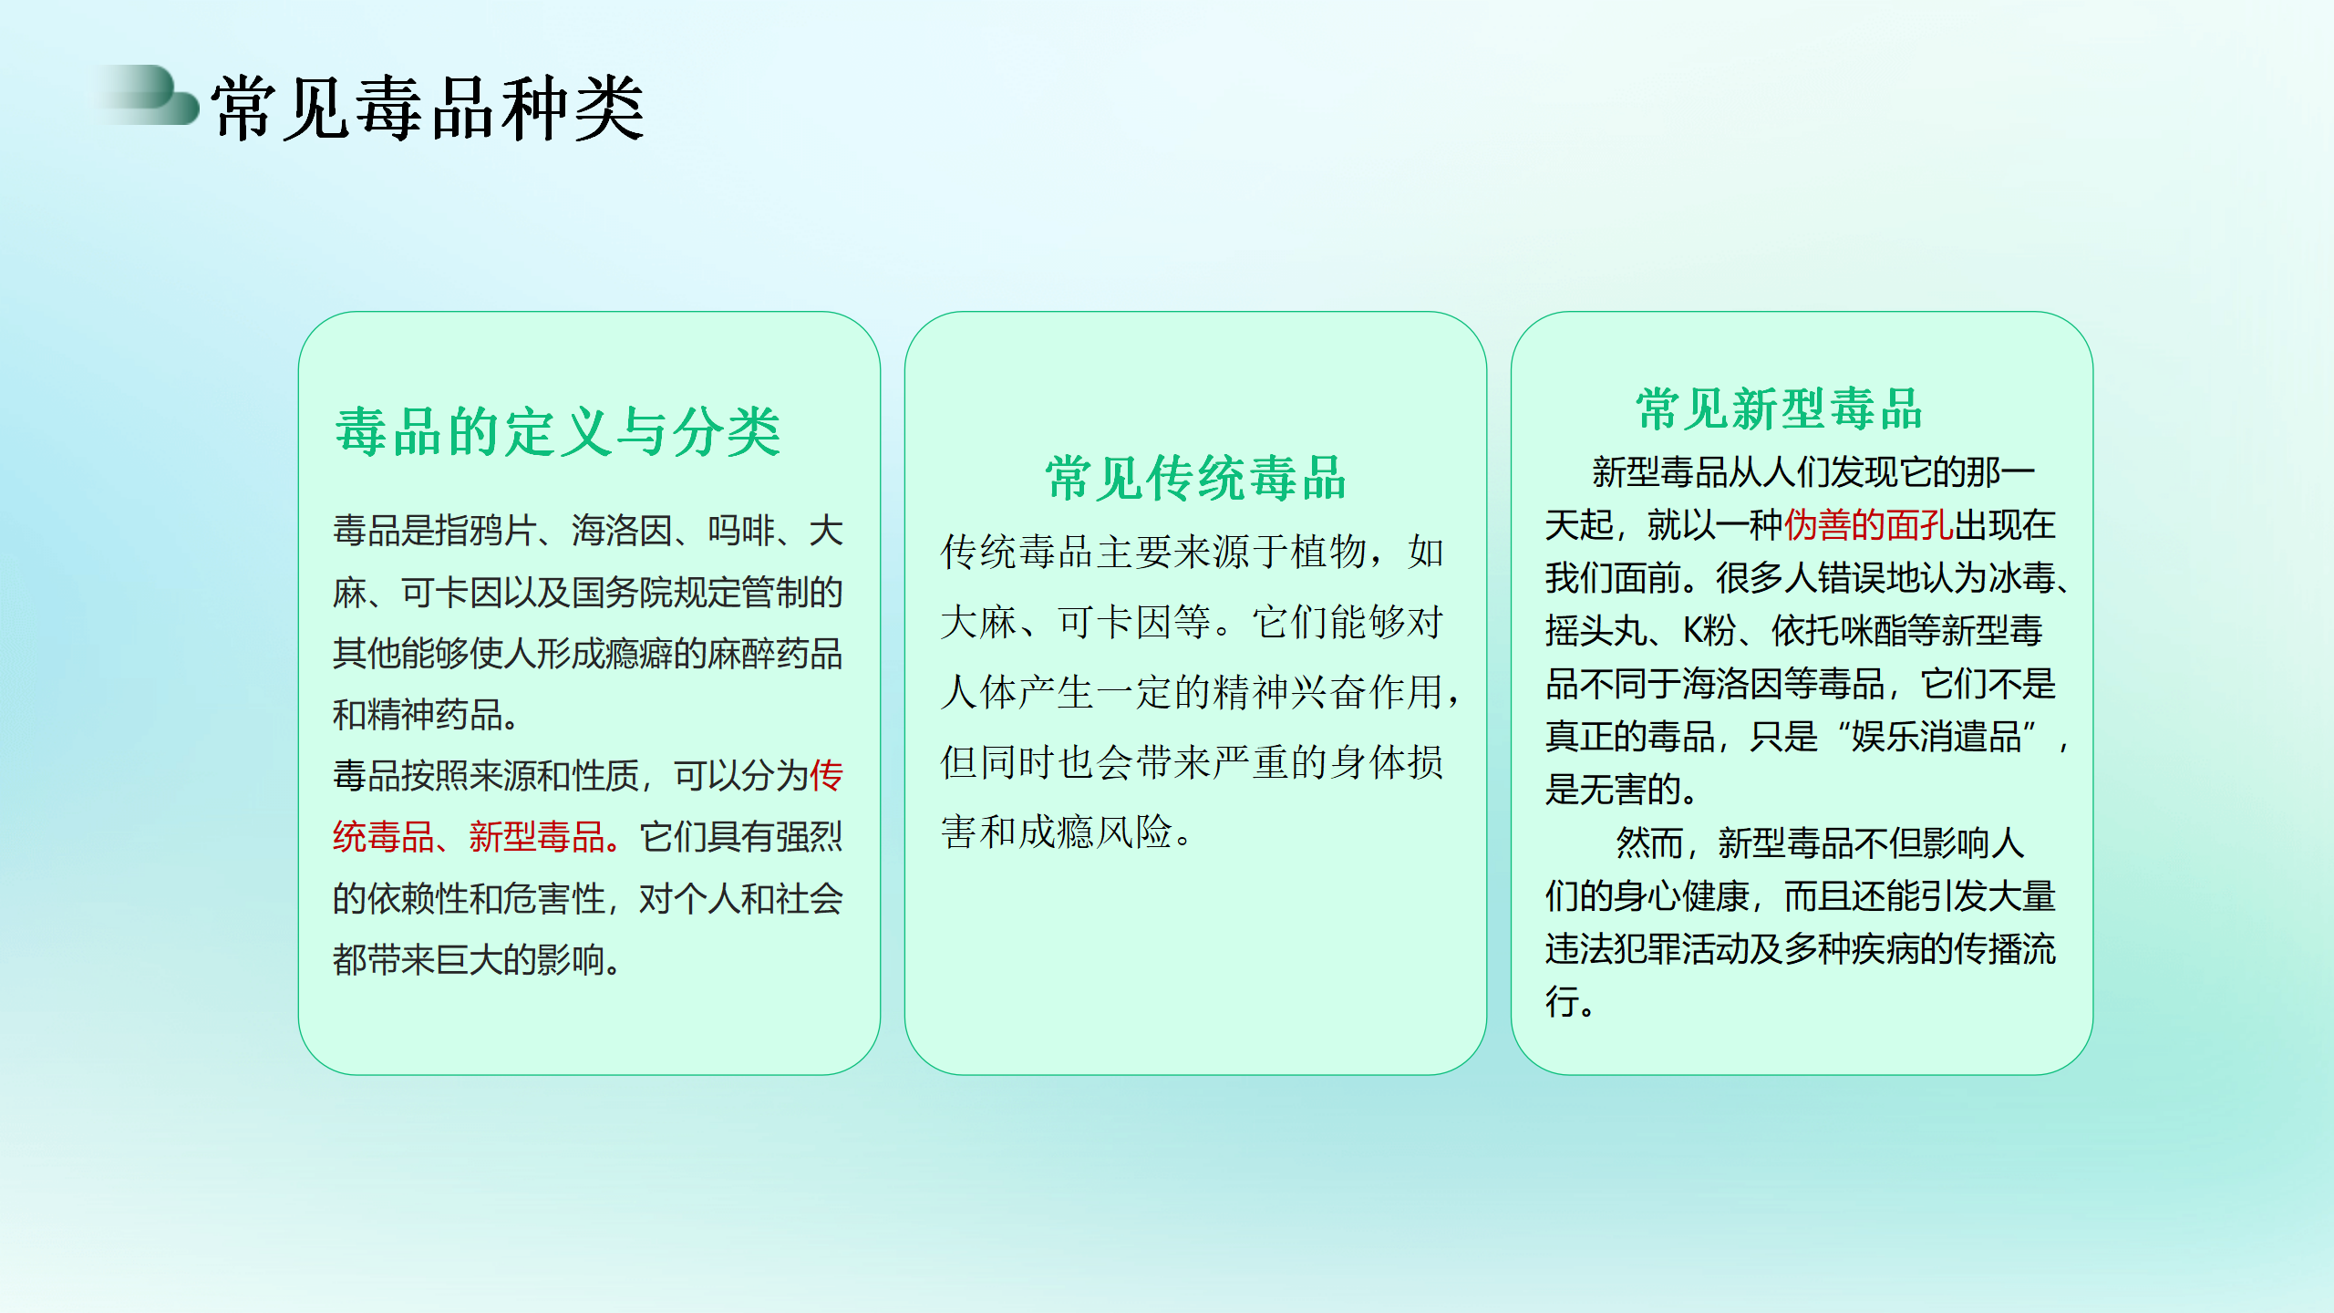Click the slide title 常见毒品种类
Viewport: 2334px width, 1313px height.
(x=428, y=109)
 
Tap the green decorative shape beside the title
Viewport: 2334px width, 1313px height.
(x=150, y=95)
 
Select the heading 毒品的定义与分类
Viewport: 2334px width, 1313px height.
(x=558, y=431)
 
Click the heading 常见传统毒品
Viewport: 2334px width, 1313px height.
(x=1195, y=478)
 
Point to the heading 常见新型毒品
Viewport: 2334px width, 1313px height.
(x=1779, y=408)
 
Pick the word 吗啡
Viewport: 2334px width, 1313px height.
(x=741, y=531)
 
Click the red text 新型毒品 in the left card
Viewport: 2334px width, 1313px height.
(x=537, y=837)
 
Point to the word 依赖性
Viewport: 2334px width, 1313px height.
(x=418, y=899)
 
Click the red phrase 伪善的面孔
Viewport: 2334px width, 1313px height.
(x=1869, y=525)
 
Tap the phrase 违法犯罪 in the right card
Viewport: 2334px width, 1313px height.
(x=1614, y=949)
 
